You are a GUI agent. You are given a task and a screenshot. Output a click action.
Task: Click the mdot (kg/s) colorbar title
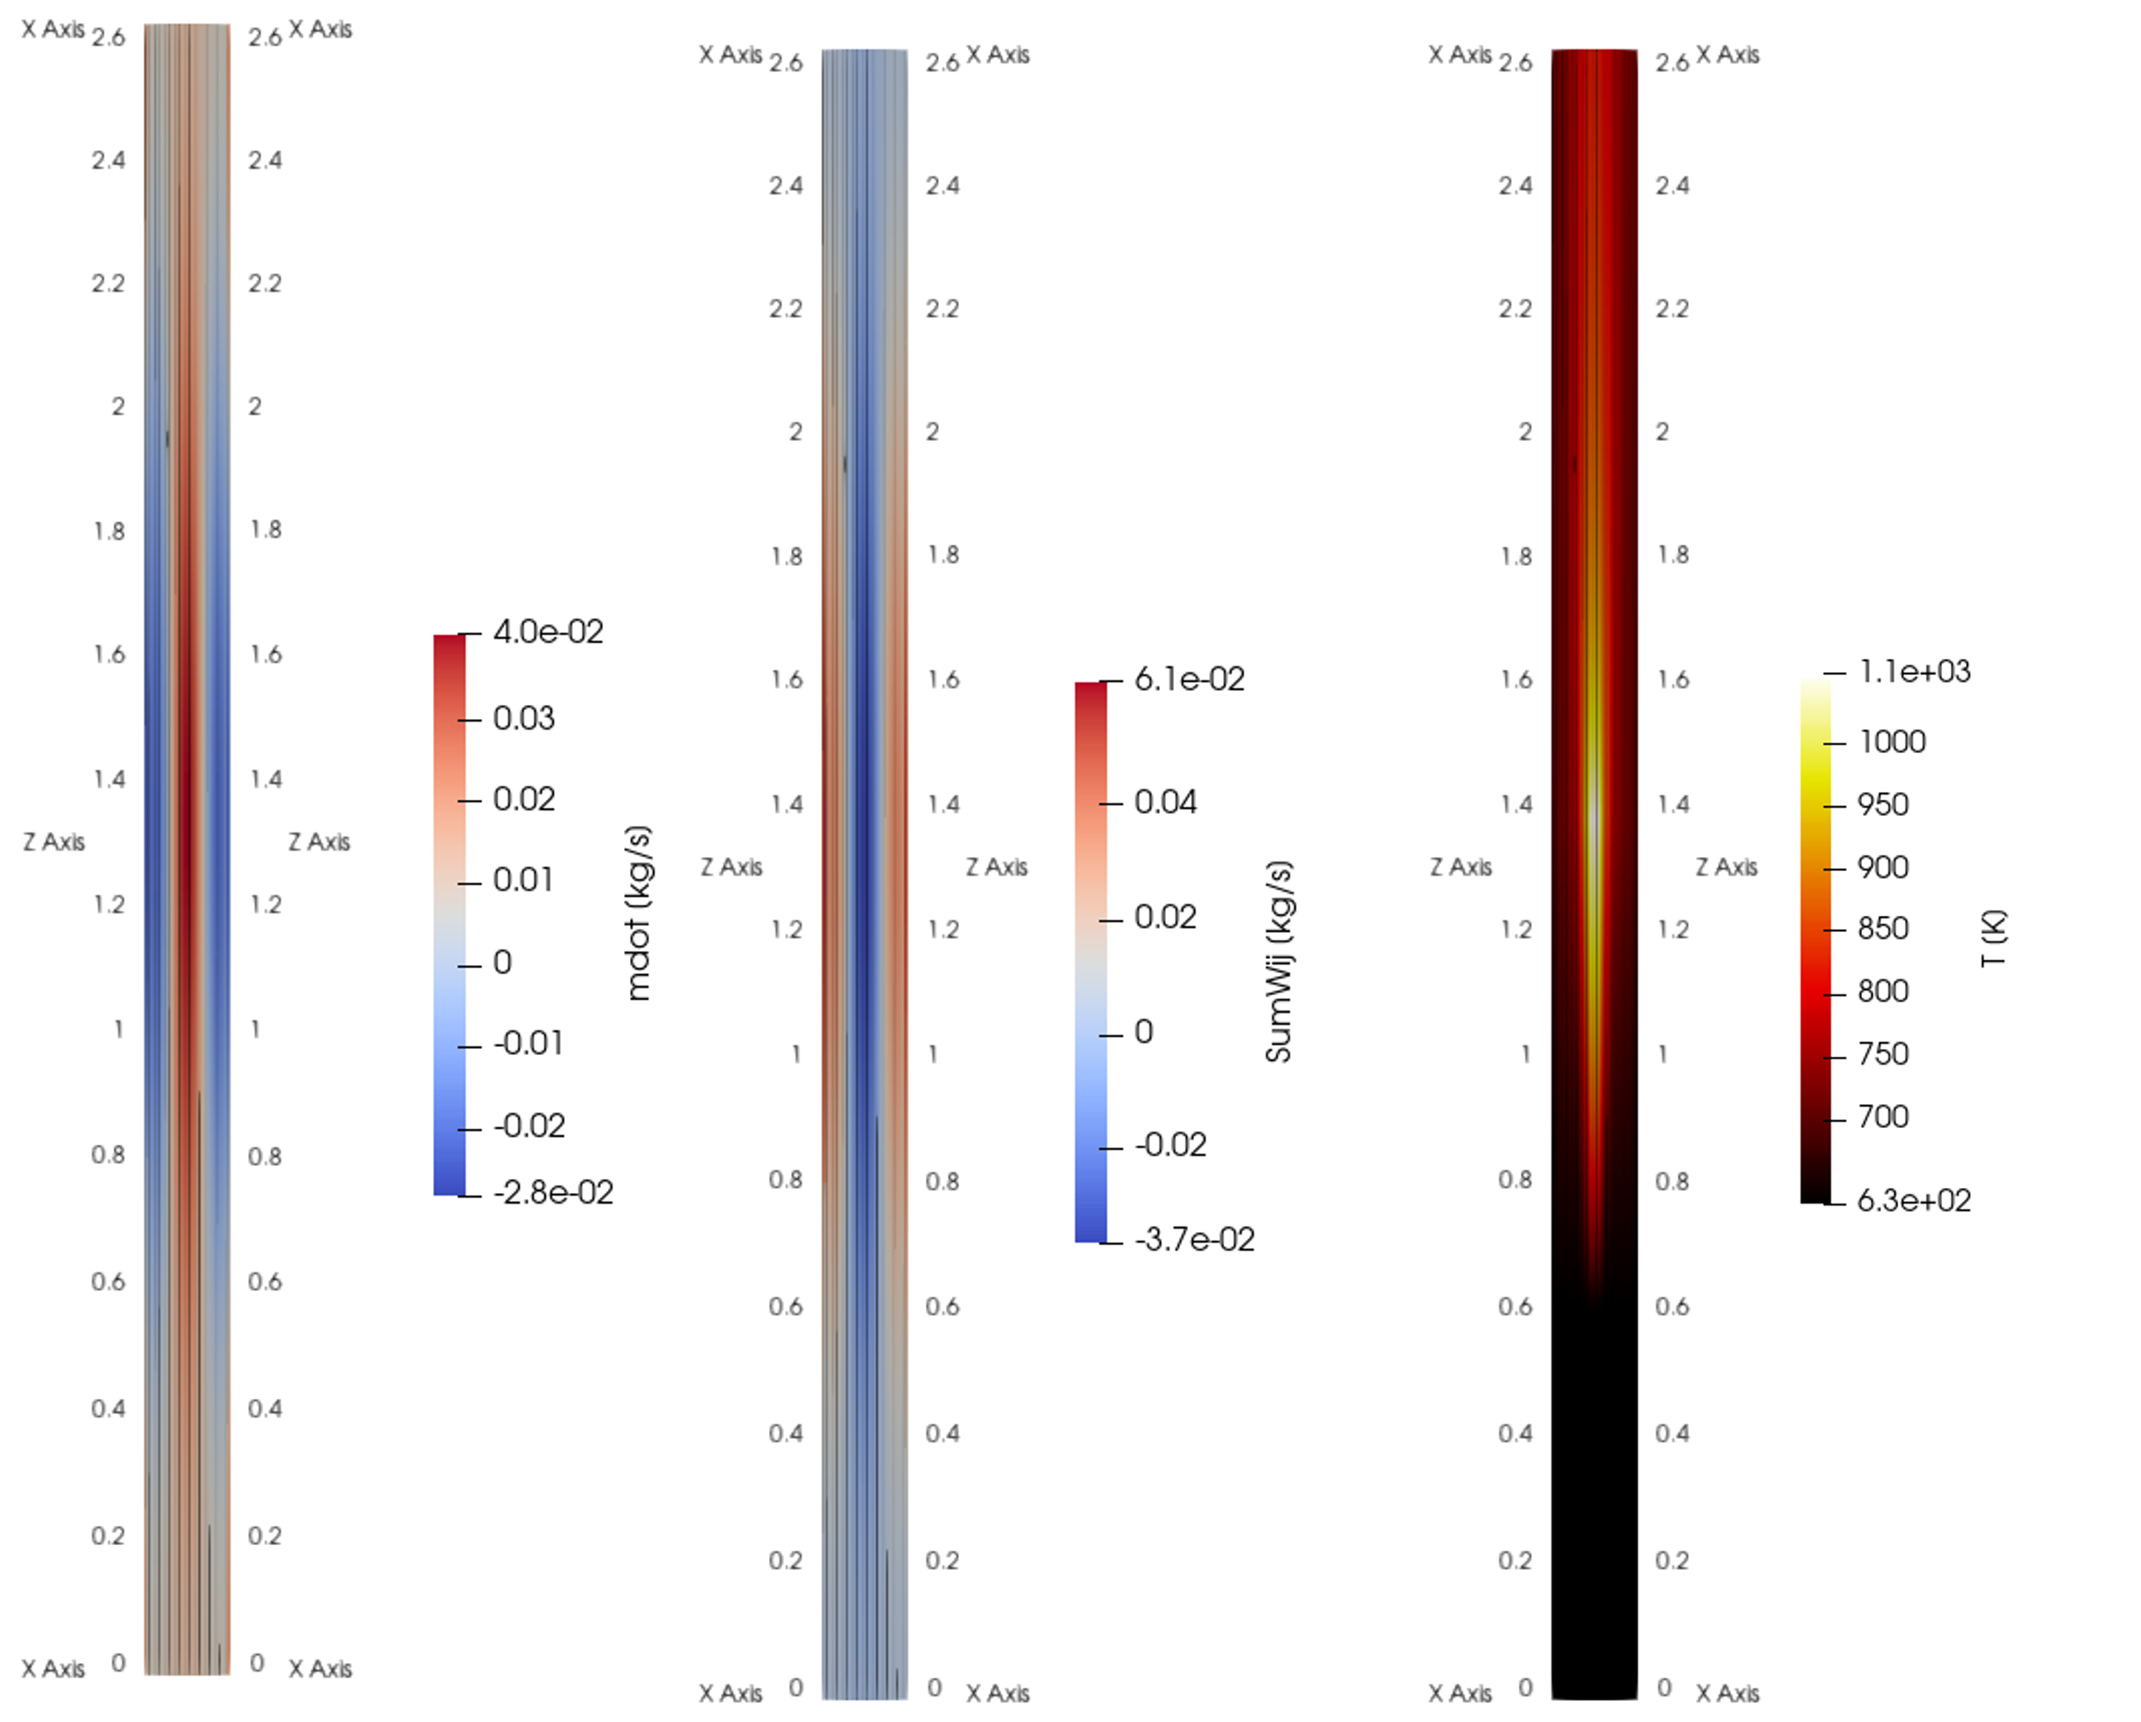pos(639,912)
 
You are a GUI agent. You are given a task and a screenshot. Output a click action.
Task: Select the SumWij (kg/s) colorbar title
pos(1279,961)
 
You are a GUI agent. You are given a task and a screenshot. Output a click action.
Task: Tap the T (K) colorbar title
pos(1993,939)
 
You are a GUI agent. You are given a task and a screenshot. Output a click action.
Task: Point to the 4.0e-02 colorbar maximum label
pos(548,632)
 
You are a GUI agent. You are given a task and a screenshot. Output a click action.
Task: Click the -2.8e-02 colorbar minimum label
pos(554,1191)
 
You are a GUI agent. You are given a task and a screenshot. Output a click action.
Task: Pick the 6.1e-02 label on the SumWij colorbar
pos(1190,679)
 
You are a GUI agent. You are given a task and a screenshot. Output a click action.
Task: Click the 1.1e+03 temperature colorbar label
pos(1915,671)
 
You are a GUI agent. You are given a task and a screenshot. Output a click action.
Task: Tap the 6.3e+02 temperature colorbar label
pos(1914,1199)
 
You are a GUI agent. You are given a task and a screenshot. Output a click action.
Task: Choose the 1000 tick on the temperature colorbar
pos(1892,742)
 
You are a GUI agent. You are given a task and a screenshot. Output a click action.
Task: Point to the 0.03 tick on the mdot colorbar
pos(524,718)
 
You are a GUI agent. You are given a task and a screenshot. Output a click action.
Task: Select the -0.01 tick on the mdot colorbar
pos(528,1044)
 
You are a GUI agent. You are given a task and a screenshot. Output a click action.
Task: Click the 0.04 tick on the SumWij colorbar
pos(1166,802)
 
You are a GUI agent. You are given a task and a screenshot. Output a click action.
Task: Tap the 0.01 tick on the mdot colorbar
pos(524,880)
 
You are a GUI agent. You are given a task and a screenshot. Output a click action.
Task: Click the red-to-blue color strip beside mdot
pos(449,913)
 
